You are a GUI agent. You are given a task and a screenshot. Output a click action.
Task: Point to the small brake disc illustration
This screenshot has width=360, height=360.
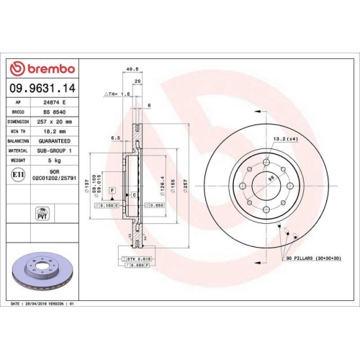40,269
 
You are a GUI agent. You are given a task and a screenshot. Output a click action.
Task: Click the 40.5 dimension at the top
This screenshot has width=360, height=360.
132,70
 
